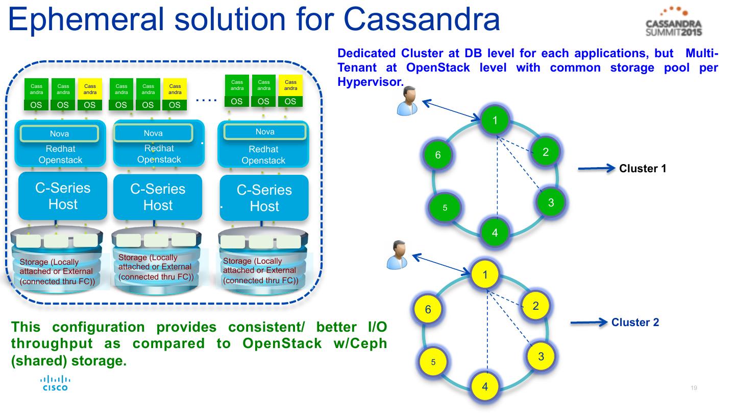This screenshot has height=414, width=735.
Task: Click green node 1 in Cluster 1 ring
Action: [x=495, y=121]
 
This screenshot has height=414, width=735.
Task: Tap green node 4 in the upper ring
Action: [x=495, y=233]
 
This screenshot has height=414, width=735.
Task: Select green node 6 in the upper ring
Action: [x=438, y=155]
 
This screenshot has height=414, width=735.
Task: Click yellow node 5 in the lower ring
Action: [x=433, y=362]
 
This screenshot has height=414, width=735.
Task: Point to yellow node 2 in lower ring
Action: [x=535, y=306]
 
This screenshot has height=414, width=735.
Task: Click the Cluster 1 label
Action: [x=643, y=168]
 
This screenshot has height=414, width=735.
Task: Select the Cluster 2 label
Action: [x=635, y=323]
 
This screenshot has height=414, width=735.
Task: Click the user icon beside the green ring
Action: [x=408, y=100]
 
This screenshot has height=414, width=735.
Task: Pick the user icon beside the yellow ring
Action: [x=397, y=255]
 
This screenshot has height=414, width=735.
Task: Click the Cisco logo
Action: [x=55, y=383]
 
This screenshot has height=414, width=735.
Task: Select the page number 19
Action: [x=694, y=388]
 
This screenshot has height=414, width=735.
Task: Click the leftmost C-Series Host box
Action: [x=63, y=196]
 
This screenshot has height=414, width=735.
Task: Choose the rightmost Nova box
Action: [x=265, y=132]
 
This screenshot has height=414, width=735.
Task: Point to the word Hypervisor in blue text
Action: [x=368, y=82]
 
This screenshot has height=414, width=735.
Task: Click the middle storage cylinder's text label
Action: [x=155, y=267]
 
